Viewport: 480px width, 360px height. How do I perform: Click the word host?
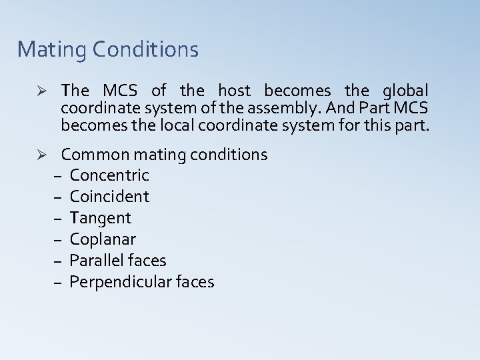click(x=233, y=90)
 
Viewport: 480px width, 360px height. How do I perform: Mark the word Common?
click(x=95, y=155)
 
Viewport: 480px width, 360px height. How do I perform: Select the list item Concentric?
click(x=109, y=175)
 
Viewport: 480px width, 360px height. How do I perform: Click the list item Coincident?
click(x=109, y=197)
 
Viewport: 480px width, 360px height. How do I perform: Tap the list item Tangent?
click(x=100, y=218)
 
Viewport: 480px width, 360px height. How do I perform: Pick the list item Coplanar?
click(x=102, y=239)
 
